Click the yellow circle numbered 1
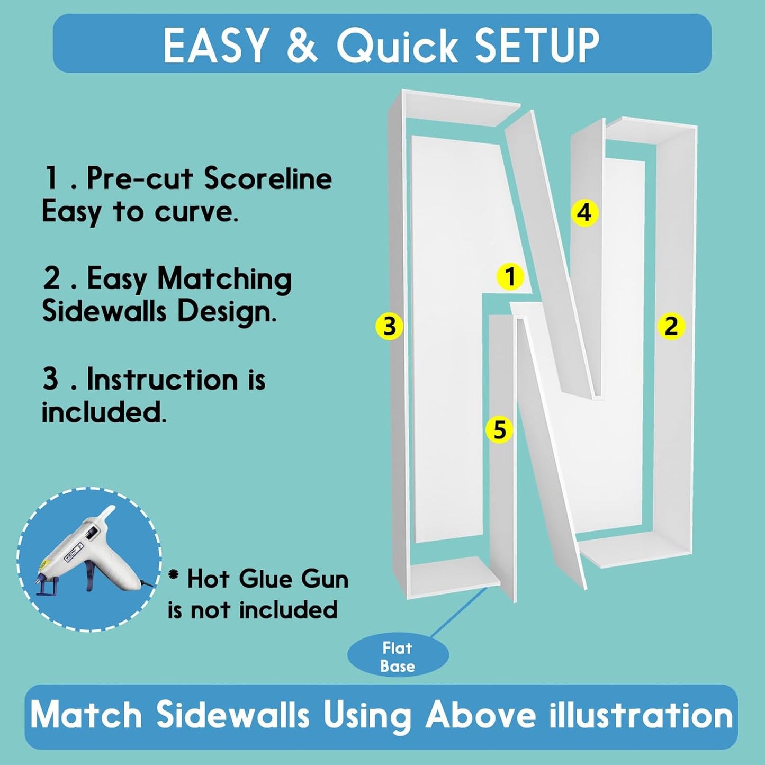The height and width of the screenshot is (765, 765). pos(510,276)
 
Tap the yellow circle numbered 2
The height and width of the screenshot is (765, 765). pos(671,326)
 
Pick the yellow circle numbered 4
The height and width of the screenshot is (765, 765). pos(584,213)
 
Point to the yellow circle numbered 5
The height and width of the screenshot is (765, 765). pos(500,429)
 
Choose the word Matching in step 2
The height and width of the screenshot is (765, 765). pos(224,280)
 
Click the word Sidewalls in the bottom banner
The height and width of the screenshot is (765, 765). pos(232,715)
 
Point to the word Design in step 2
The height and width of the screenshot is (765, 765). pos(227,312)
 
